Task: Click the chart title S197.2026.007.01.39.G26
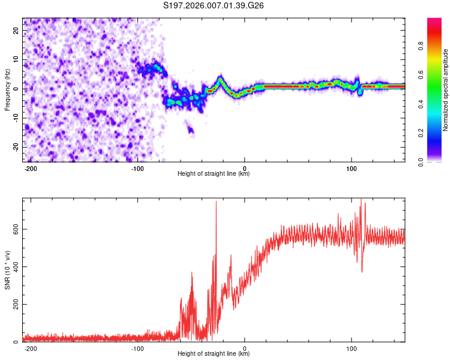click(214, 7)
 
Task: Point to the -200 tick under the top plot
click(31, 167)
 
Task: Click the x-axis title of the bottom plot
click(214, 354)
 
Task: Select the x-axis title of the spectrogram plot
click(214, 173)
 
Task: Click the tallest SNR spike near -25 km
click(216, 203)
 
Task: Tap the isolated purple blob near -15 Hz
click(190, 129)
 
